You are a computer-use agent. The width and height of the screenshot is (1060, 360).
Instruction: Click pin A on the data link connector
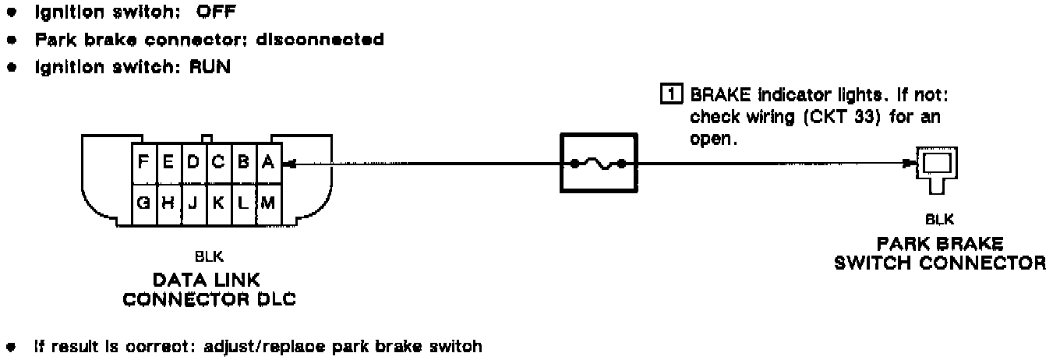click(x=267, y=164)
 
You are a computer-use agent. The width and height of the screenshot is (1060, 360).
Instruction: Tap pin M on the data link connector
click(x=267, y=202)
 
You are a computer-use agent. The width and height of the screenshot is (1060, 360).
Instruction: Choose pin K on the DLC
click(x=219, y=202)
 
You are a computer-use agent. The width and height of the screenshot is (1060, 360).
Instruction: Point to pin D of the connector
click(x=193, y=164)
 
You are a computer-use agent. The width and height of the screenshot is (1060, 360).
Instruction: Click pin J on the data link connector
click(x=193, y=202)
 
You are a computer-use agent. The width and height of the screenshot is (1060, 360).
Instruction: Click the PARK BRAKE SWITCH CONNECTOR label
click(x=939, y=253)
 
